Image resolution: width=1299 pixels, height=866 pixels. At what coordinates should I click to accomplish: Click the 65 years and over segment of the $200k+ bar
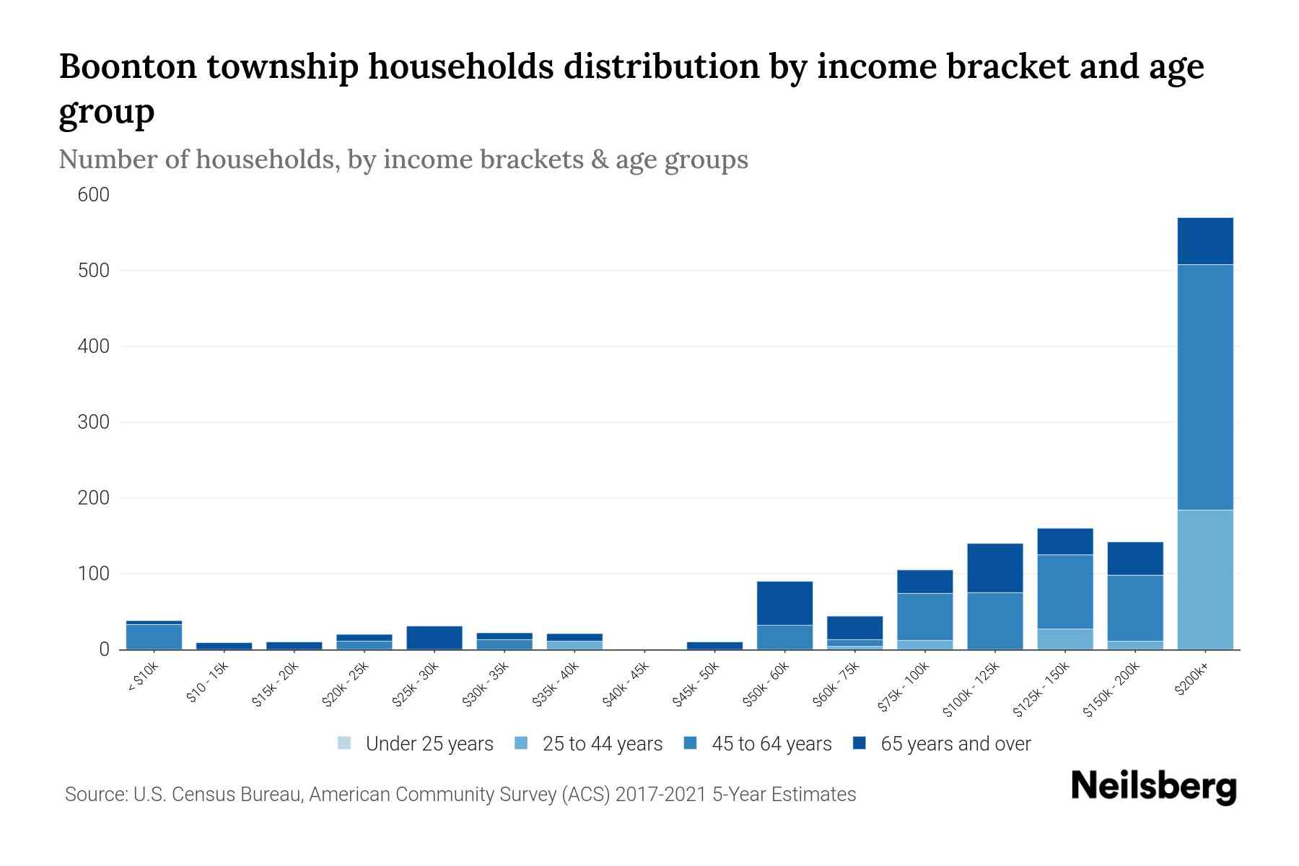pyautogui.click(x=1204, y=241)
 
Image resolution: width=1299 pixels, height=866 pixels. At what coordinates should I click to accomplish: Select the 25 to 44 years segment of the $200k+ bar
pyautogui.click(x=1204, y=579)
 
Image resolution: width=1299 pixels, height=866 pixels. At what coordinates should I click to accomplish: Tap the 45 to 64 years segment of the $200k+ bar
pyautogui.click(x=1204, y=387)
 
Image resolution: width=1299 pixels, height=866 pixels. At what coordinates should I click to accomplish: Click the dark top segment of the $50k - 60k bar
pyautogui.click(x=784, y=603)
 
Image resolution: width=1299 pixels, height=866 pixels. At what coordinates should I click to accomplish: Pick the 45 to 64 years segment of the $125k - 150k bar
pyautogui.click(x=1064, y=592)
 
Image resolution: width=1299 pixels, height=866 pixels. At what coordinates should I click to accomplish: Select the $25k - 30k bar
pyautogui.click(x=434, y=638)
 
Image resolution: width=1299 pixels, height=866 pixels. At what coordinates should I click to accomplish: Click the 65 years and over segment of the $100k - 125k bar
pyautogui.click(x=994, y=568)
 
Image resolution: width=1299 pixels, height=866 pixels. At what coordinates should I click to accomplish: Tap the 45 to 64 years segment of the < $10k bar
pyautogui.click(x=154, y=637)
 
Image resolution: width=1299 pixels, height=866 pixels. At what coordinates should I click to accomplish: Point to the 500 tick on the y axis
pyautogui.click(x=94, y=271)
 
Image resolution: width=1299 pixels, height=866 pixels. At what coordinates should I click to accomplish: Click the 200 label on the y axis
pyautogui.click(x=94, y=498)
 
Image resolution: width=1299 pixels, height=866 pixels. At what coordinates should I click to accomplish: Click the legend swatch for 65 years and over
pyautogui.click(x=860, y=743)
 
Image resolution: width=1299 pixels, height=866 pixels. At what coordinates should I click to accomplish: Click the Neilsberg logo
pyautogui.click(x=1153, y=786)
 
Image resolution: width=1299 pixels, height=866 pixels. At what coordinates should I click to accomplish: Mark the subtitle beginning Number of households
pyautogui.click(x=403, y=159)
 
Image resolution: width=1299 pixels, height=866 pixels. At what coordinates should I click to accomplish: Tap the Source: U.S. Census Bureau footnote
pyautogui.click(x=460, y=795)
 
